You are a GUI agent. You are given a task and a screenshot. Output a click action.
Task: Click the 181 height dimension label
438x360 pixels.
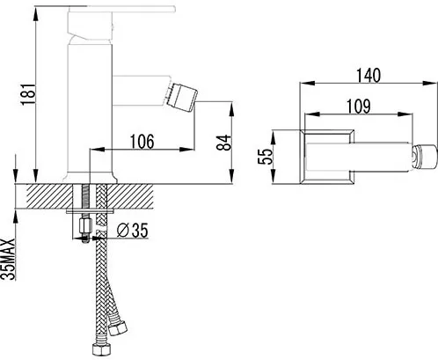tap(28, 94)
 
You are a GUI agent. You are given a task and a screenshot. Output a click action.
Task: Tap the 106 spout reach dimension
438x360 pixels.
tap(142, 142)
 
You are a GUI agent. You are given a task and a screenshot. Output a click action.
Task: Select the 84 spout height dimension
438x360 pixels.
tap(223, 143)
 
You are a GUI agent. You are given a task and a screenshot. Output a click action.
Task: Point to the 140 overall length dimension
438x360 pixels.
tap(369, 75)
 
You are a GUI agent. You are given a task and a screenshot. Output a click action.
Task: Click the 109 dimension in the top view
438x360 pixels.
tap(359, 106)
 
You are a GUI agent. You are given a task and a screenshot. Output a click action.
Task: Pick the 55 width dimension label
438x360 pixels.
tap(265, 156)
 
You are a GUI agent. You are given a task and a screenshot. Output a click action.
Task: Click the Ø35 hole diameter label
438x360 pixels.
tap(132, 230)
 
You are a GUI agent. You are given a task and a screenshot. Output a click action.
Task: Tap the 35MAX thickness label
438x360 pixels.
tap(8, 259)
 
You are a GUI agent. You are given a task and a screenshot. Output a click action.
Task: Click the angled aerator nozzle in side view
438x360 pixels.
tap(181, 98)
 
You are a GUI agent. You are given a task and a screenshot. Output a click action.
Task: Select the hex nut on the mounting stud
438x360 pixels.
tap(85, 224)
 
